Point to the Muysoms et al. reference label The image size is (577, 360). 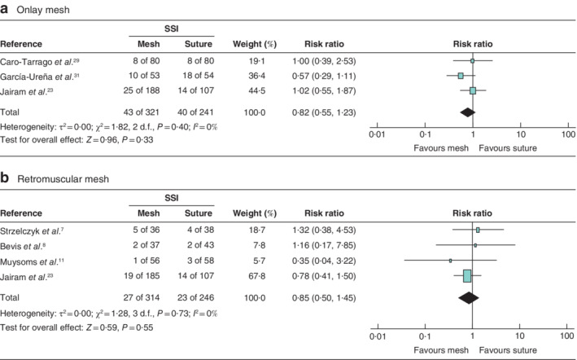tap(32, 260)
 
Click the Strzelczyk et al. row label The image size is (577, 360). tap(33, 230)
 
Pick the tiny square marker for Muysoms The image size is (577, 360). tap(450, 261)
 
